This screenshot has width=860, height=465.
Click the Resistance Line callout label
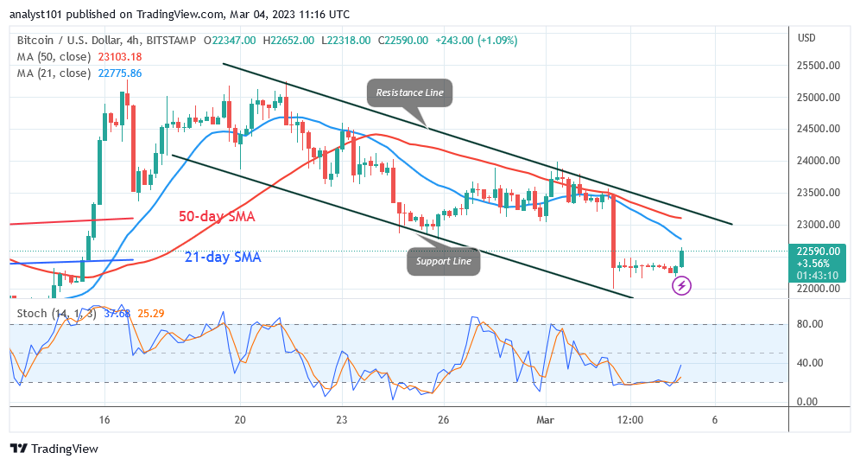(x=409, y=92)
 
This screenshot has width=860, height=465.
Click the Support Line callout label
(x=443, y=260)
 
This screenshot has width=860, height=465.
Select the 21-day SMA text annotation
(x=224, y=257)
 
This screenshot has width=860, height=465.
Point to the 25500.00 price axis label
(x=819, y=66)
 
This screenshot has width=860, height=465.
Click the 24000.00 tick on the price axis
(x=819, y=161)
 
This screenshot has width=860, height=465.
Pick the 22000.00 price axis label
(x=819, y=288)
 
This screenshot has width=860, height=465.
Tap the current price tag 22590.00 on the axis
(x=819, y=252)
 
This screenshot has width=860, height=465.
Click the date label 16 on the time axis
(x=104, y=419)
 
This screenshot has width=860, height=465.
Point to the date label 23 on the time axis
(x=342, y=419)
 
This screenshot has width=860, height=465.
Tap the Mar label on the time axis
(x=544, y=419)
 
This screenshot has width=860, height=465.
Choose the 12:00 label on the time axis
(x=630, y=419)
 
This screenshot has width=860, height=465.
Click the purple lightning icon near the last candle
(x=682, y=285)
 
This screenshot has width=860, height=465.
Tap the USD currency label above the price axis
(x=807, y=38)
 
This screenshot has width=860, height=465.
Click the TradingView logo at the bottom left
(x=54, y=449)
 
